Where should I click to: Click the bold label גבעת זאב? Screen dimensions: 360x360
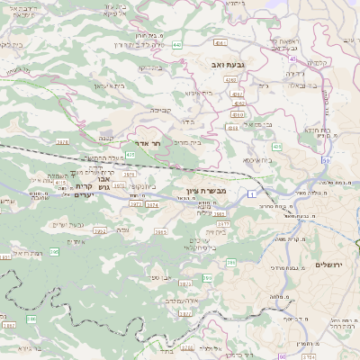pos(222,65)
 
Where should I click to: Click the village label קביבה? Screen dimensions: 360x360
pos(159,110)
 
